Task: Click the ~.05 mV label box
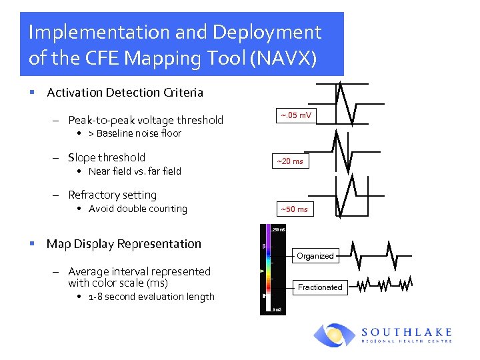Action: tap(295, 116)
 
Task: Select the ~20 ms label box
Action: tap(290, 161)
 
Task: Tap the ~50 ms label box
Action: tap(294, 209)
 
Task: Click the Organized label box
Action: tap(315, 256)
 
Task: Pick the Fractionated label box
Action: tap(319, 287)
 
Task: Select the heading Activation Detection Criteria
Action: tap(125, 93)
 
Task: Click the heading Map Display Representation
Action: tap(123, 244)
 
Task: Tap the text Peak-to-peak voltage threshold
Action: tap(145, 120)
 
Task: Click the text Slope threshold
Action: tap(107, 157)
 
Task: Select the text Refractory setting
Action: tap(112, 195)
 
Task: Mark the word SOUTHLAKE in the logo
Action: tap(407, 331)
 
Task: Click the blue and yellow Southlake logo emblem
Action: tap(335, 335)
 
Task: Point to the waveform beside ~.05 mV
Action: tap(351, 103)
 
